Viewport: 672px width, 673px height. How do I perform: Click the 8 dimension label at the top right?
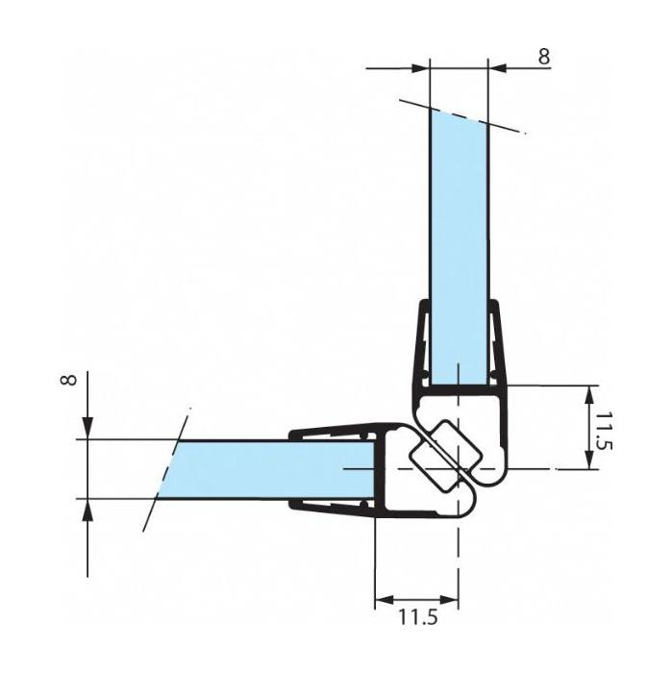point(544,56)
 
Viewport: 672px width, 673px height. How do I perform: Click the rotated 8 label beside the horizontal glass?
point(69,380)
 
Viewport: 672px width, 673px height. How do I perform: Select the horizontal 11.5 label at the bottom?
point(418,617)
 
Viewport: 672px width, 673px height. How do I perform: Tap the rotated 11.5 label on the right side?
point(604,431)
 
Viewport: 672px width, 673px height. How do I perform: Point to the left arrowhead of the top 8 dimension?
point(421,68)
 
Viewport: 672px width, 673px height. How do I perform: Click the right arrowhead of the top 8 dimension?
point(497,68)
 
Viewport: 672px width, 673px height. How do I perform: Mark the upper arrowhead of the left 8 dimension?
point(87,430)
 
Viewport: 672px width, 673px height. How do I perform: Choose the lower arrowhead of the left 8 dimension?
point(87,509)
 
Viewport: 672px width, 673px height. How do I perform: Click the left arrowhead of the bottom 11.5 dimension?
point(385,600)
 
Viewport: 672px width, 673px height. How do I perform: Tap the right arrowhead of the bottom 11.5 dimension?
point(449,600)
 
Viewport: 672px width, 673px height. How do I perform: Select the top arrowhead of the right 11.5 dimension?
point(591,395)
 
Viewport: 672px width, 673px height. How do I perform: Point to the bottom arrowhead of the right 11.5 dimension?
point(591,460)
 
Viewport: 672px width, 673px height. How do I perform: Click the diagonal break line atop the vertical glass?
point(462,116)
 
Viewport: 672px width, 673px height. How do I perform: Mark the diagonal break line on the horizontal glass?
point(166,469)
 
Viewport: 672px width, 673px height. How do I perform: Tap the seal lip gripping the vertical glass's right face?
point(495,343)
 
